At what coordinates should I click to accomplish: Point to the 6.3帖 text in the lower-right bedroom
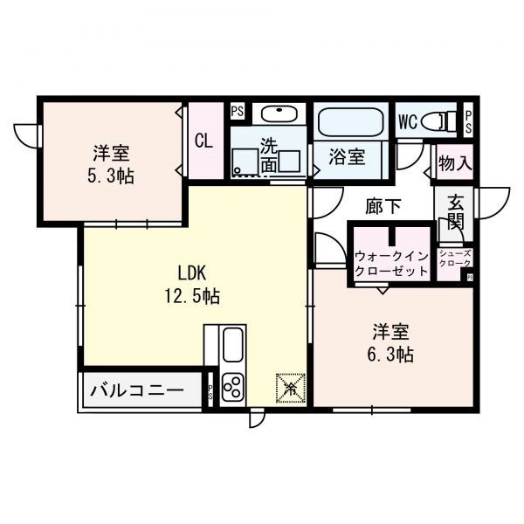coord(392,354)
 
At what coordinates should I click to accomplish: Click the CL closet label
coord(203,140)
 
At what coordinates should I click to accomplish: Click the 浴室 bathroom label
coord(347,158)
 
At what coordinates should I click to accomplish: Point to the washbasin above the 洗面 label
coord(279,114)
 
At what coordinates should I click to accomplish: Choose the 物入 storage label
coord(455,162)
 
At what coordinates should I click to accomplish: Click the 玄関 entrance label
coord(456,213)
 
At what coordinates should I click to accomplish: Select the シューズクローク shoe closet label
coord(455,259)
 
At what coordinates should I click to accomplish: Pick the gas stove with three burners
coord(234,385)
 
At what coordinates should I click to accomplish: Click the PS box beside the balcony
coord(210,392)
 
